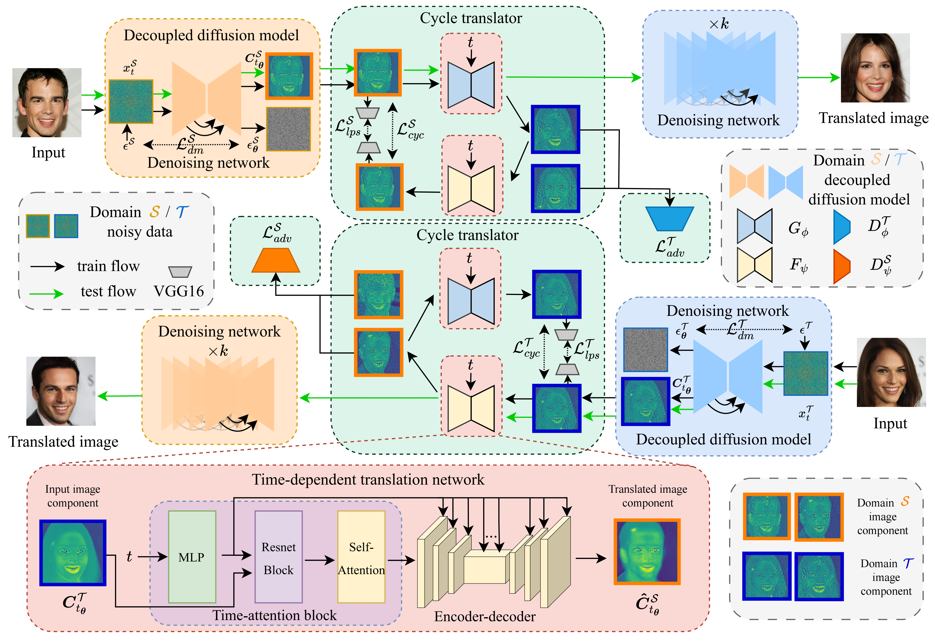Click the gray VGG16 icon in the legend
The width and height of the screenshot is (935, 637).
coord(180,272)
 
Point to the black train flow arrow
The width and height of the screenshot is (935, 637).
coord(47,266)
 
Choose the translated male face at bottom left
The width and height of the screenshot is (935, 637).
coord(61,391)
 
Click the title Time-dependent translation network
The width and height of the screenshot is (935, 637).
coord(368,479)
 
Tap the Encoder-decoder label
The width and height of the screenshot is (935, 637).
coord(485,616)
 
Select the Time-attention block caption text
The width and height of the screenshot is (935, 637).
coord(274,615)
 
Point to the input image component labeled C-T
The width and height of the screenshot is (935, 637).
coord(73,553)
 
